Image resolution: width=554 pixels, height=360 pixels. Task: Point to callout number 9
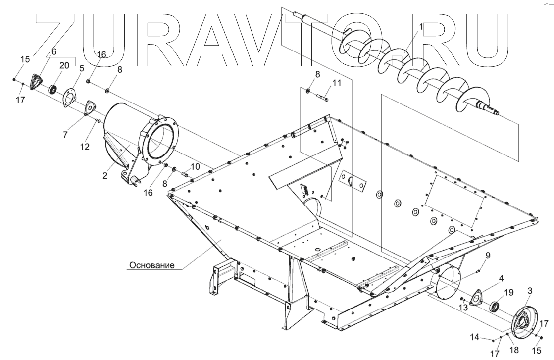[x=487, y=256]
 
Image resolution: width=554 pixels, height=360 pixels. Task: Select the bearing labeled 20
[x=52, y=90]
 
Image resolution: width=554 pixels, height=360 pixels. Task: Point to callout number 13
[x=463, y=307]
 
